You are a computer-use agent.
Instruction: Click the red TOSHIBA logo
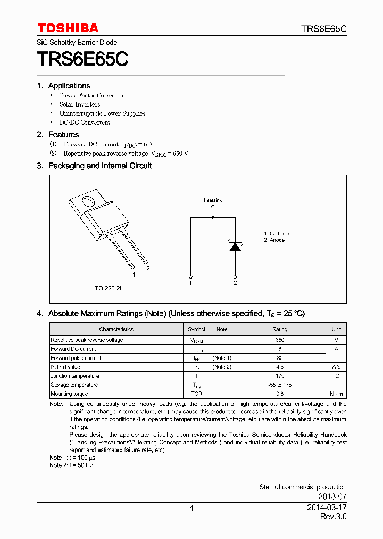tap(68, 28)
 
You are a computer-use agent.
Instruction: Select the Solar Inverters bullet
tap(80, 104)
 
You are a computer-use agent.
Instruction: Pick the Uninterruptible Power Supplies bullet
tap(102, 113)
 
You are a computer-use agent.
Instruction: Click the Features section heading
tap(63, 135)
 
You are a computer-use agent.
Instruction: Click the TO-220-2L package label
tap(109, 288)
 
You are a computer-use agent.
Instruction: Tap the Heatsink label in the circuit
tap(213, 200)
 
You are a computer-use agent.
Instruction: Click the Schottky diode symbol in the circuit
tap(235, 247)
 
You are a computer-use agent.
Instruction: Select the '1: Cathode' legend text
tap(277, 234)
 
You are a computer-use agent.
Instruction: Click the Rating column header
tap(280, 329)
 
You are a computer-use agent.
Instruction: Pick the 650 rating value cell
tap(280, 340)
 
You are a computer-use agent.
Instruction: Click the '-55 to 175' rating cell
tap(280, 385)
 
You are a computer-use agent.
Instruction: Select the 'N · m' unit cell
tap(336, 394)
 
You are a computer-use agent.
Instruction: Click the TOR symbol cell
tap(196, 394)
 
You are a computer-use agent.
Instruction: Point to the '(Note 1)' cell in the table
tap(222, 358)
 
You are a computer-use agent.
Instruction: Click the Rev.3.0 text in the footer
tap(333, 517)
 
